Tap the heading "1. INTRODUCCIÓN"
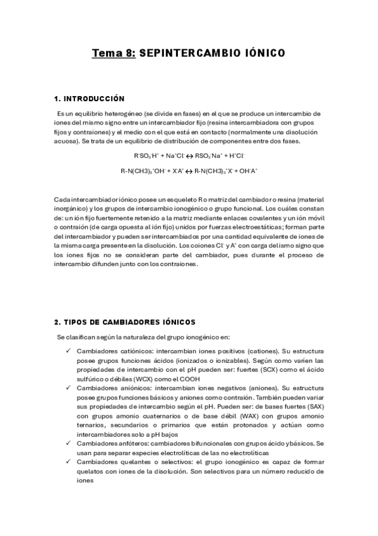coord(89,99)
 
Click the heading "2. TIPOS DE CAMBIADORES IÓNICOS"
coord(125,322)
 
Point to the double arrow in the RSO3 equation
coord(189,155)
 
